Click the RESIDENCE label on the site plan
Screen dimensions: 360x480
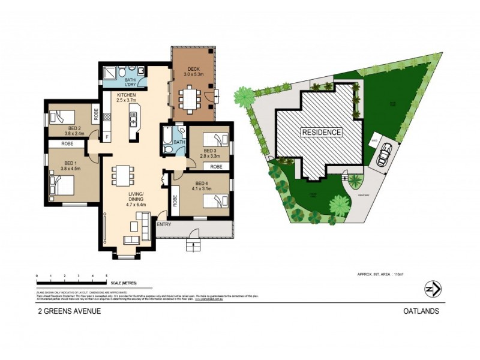click(x=321, y=132)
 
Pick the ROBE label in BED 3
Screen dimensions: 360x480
click(x=217, y=166)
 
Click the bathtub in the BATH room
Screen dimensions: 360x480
click(x=166, y=139)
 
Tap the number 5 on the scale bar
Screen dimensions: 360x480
click(x=106, y=276)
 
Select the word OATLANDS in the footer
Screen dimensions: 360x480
click(x=421, y=311)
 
